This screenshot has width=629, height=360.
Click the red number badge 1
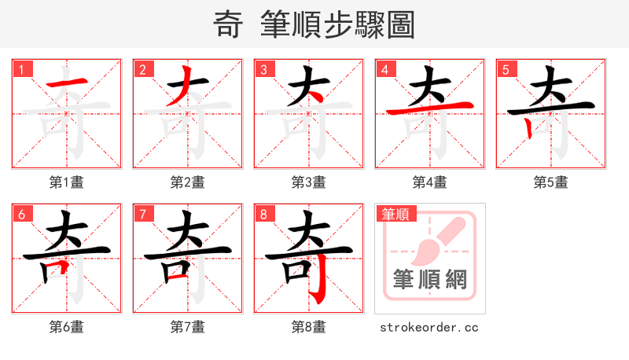tap(21, 69)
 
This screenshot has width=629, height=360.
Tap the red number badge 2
tap(142, 69)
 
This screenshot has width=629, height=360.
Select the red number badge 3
tap(263, 69)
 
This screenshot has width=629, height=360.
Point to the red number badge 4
tap(384, 69)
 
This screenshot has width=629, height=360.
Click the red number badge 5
tap(506, 69)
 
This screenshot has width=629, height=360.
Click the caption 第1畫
tap(67, 182)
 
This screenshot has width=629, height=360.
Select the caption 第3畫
tap(309, 182)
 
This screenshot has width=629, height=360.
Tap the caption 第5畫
tap(551, 182)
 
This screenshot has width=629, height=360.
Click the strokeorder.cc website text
tap(429, 327)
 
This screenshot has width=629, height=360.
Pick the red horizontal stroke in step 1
tap(66, 85)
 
